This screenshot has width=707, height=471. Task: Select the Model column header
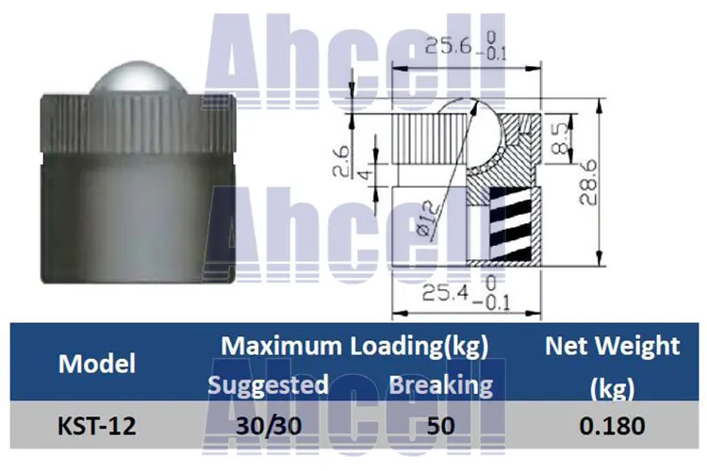coord(96,364)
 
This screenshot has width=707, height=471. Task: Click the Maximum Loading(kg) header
coord(354,346)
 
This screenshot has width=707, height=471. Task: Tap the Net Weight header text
coord(612,346)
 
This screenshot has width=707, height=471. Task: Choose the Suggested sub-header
coord(268,384)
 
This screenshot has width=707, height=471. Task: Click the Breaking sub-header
coord(440,384)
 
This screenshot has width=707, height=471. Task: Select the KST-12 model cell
coord(96,426)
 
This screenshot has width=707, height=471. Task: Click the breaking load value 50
coord(440,426)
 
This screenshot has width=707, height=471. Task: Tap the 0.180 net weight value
coord(612,426)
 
